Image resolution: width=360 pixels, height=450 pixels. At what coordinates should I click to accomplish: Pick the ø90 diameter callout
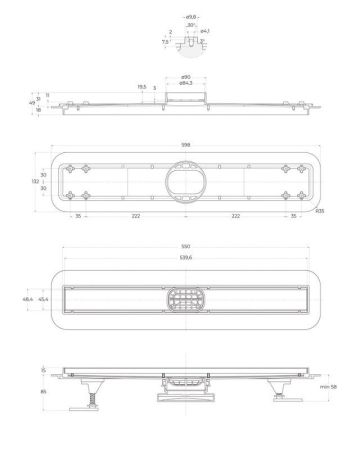point(186,76)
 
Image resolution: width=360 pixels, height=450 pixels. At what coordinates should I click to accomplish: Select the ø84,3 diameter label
point(186,83)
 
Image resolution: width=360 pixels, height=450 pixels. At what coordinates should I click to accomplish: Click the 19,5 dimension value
point(141,87)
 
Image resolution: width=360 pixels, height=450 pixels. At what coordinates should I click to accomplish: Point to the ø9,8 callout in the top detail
point(190,15)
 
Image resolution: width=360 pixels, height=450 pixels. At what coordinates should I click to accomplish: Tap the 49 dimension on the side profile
point(30,101)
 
